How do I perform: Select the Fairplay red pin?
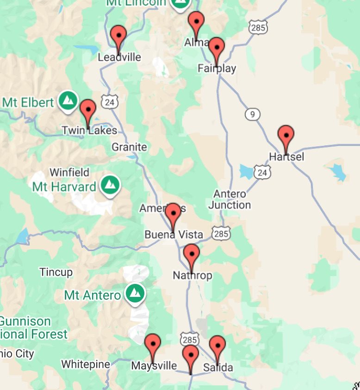[x=217, y=48]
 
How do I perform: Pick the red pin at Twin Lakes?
[x=88, y=110]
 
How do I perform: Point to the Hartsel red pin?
[x=286, y=136]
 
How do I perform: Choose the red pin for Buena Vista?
[x=173, y=214]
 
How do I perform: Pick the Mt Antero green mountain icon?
[x=135, y=293]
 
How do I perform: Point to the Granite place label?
[x=129, y=147]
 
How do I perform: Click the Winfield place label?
[x=69, y=172]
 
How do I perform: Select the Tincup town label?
[x=56, y=272]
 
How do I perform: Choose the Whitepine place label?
[x=86, y=365]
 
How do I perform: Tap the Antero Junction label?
[x=230, y=199]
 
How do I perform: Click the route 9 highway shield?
[x=253, y=114]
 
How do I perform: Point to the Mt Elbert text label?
[x=28, y=102]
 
